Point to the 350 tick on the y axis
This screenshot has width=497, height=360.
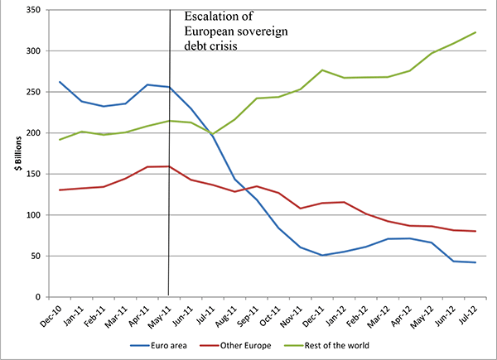(34, 10)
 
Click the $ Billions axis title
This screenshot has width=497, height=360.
(14, 154)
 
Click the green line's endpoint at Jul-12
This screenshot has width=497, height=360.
(474, 32)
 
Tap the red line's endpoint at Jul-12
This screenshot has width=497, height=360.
(474, 231)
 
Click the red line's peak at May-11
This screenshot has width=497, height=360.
(170, 166)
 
